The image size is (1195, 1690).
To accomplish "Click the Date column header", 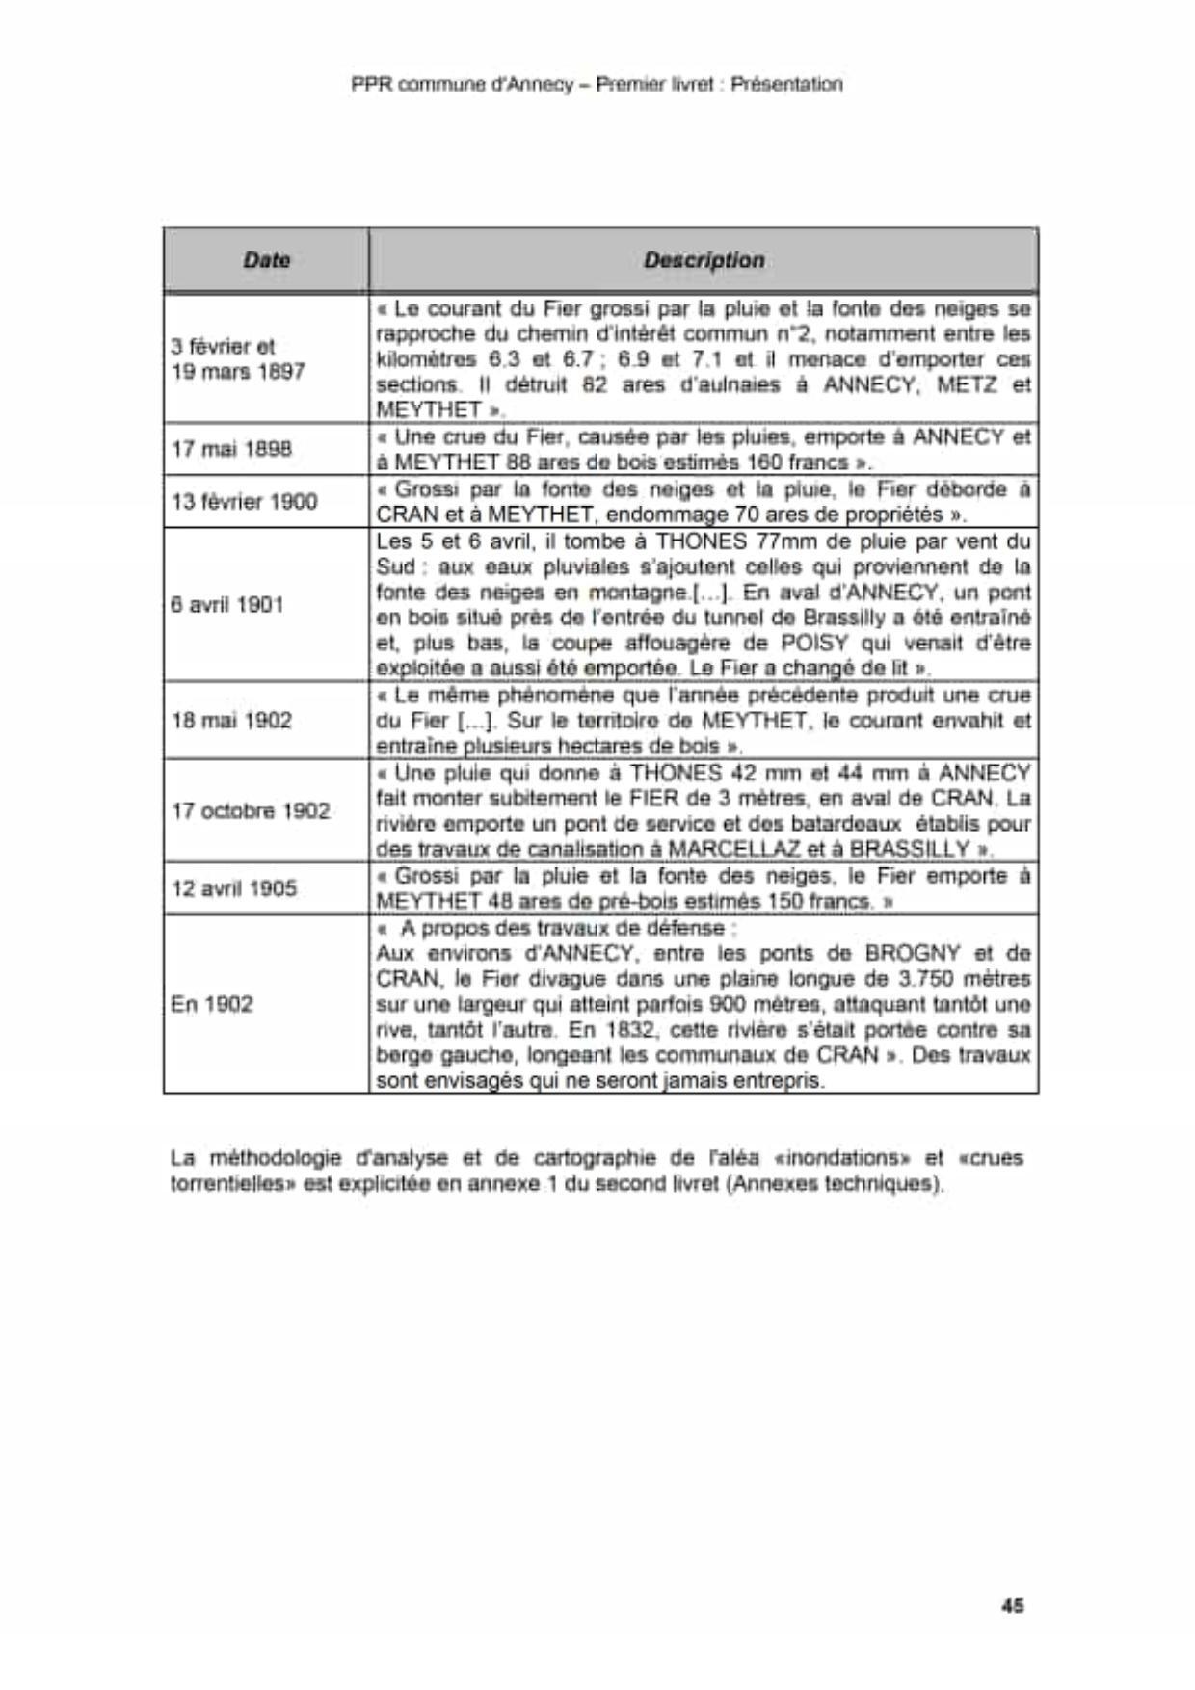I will [266, 260].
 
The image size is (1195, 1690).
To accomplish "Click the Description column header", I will [704, 260].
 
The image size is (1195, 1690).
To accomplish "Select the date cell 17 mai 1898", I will [231, 449].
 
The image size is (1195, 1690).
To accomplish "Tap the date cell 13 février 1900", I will [244, 501].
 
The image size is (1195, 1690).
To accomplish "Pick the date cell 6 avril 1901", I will [227, 605].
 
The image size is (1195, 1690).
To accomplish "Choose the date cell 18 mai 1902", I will [231, 721].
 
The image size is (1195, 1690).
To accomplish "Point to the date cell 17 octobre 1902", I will [251, 810].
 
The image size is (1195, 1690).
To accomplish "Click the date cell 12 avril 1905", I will [234, 888].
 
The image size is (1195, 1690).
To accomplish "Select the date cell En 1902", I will [212, 1004].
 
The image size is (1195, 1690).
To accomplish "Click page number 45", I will [1012, 1605].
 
